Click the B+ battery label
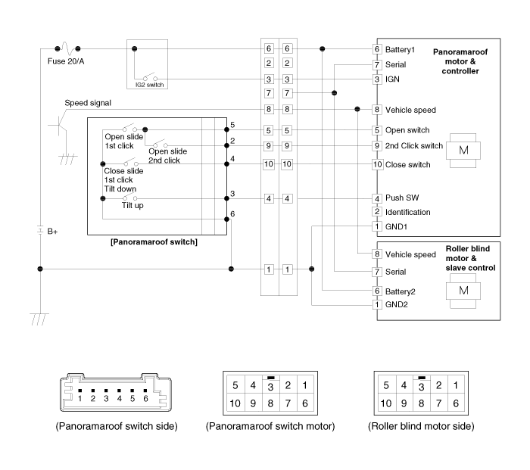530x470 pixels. point(52,232)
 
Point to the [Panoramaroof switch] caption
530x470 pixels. point(154,242)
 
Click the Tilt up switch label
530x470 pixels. point(135,205)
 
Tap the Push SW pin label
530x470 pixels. point(403,198)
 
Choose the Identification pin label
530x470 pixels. point(408,212)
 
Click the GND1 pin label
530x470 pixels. point(397,226)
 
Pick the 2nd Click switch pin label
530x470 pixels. point(413,145)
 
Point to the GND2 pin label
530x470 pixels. point(397,305)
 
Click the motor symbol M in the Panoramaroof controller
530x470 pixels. point(462,148)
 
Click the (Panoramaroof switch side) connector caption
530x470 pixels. point(117,426)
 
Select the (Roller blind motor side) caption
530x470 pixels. point(422,426)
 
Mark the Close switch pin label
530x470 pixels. point(407,164)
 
